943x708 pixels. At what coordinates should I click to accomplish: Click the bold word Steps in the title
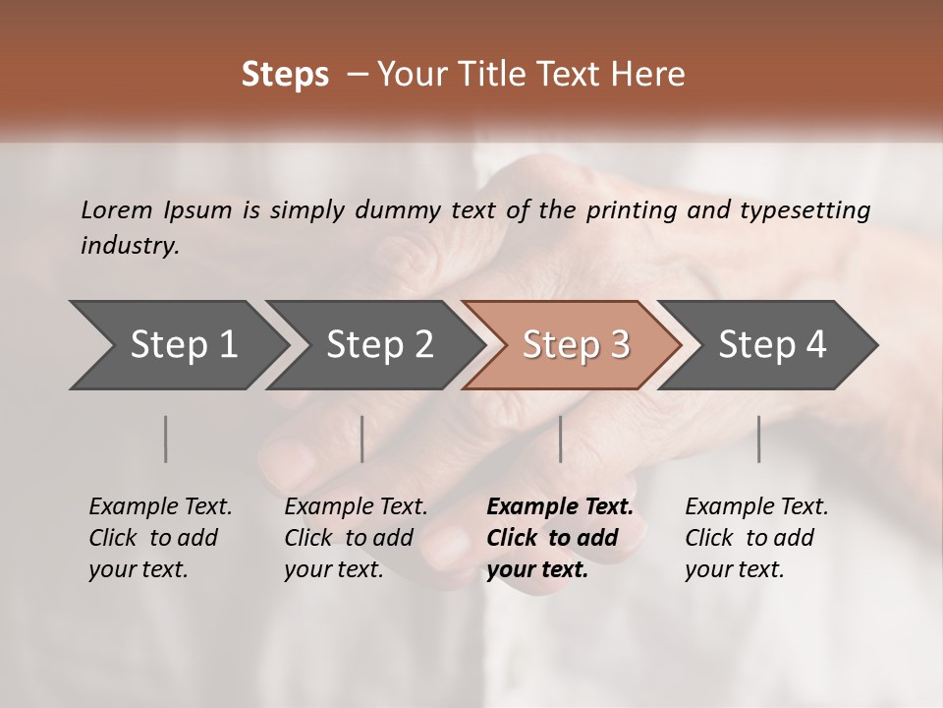tap(285, 75)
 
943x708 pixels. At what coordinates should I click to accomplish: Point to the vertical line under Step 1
tap(166, 439)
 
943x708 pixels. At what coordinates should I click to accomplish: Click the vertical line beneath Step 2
tap(362, 439)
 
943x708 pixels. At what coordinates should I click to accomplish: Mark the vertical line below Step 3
tap(560, 439)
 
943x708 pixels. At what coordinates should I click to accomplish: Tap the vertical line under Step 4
tap(758, 439)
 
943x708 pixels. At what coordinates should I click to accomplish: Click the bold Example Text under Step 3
tap(560, 507)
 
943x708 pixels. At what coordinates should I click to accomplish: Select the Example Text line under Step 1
tap(160, 507)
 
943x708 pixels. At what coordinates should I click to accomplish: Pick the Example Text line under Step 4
tap(756, 507)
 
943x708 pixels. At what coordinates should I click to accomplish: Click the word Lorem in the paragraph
tap(117, 210)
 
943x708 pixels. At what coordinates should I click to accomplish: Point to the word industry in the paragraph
tap(130, 246)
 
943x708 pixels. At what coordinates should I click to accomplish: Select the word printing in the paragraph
tap(639, 210)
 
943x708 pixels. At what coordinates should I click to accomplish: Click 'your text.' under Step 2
tap(333, 569)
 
